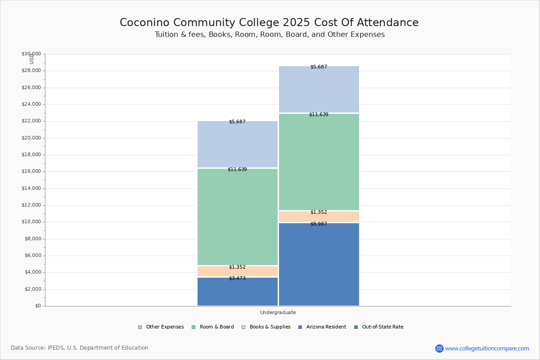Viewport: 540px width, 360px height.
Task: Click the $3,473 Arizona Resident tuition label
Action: coord(237,278)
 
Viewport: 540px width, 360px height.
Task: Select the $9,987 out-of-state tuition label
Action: coord(319,224)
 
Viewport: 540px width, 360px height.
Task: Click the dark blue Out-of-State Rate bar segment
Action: coord(319,265)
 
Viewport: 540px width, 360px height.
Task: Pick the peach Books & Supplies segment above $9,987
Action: coord(319,217)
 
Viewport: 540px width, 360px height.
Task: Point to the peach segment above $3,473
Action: coord(238,271)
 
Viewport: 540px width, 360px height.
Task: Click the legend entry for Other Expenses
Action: coord(161,327)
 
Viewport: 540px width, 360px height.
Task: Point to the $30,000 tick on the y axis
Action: coord(31,54)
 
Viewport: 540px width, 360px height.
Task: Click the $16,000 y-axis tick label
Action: coord(31,171)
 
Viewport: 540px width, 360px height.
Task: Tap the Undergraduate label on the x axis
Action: coord(278,312)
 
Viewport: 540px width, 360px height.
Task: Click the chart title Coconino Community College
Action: coord(269,23)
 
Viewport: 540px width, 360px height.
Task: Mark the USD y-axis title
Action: coord(31,59)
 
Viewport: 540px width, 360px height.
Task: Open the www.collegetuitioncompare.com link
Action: coord(487,348)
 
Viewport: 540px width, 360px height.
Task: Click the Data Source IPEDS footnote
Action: coord(80,348)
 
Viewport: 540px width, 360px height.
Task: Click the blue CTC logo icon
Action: coord(439,348)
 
